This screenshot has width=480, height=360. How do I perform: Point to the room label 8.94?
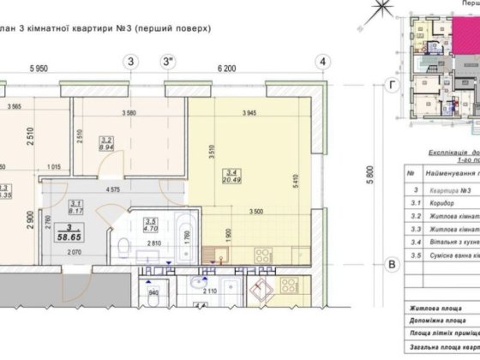(x=107, y=147)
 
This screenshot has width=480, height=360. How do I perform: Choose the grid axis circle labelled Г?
(x=392, y=85)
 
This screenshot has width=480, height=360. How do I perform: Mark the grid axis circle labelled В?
(x=392, y=264)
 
